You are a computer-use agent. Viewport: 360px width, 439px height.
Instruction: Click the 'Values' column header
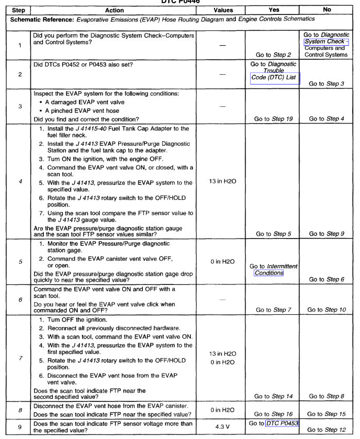[223, 10]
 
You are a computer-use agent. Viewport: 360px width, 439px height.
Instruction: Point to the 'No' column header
[326, 10]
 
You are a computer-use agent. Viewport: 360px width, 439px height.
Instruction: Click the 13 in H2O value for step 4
[223, 182]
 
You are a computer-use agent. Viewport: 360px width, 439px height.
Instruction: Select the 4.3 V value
[223, 427]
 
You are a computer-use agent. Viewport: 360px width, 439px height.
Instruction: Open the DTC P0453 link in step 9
[282, 424]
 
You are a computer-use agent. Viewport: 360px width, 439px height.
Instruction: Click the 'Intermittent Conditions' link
[269, 273]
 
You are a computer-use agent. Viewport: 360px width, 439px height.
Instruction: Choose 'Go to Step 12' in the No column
[326, 430]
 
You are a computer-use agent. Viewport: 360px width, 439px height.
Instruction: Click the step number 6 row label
[20, 299]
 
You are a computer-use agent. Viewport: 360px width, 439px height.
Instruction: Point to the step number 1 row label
[20, 45]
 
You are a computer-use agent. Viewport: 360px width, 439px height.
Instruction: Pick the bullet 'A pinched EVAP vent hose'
[82, 110]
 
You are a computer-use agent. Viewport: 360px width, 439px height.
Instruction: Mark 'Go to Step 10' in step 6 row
[326, 310]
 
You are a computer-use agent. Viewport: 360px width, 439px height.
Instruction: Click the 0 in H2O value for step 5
[223, 262]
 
